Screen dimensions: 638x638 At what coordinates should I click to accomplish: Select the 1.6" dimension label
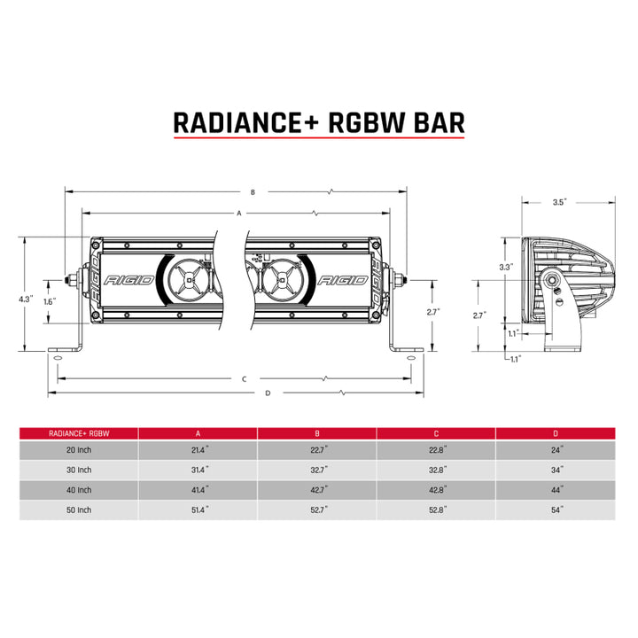[49, 301]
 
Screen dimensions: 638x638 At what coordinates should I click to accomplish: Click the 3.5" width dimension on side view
[558, 202]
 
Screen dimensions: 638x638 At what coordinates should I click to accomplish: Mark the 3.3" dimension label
[506, 267]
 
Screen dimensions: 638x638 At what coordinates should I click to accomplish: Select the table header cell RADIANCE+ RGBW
[79, 433]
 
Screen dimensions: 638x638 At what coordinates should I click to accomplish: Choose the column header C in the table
[436, 433]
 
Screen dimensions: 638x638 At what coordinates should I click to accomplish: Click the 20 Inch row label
[79, 451]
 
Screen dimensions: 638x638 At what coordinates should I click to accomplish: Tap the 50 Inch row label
[79, 510]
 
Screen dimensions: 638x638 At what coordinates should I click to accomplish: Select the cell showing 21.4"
[198, 451]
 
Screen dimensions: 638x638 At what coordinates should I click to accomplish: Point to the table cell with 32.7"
[317, 471]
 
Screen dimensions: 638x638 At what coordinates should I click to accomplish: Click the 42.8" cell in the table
[436, 490]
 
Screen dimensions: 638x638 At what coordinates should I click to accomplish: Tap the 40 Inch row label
[79, 490]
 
